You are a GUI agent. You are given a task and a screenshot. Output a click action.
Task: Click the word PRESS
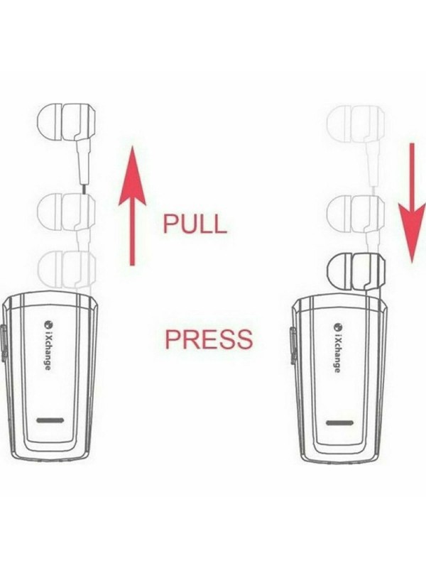pos(208,339)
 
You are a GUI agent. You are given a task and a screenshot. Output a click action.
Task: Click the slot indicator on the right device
pos(339,423)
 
